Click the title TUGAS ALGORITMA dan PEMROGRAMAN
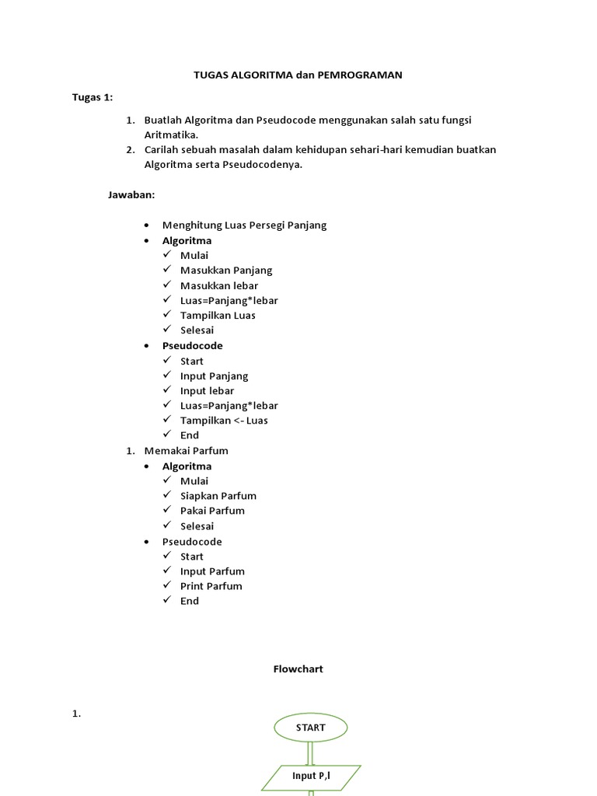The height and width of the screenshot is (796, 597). pos(298,75)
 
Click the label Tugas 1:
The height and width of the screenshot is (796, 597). pos(93,97)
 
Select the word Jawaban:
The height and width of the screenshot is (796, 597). pos(131,195)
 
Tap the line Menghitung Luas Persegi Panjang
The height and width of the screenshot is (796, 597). pos(244,225)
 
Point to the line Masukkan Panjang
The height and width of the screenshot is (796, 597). pos(226,271)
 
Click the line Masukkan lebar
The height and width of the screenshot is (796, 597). pos(219,285)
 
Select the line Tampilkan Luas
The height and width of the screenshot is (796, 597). pos(218,316)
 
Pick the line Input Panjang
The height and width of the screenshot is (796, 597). pos(215,376)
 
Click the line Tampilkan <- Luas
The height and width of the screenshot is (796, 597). pos(224,421)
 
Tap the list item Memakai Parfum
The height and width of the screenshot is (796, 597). pos(187,451)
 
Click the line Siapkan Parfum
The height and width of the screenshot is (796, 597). pos(218,496)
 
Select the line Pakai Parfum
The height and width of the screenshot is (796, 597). pos(212,511)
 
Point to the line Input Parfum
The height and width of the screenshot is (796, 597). pos(212,571)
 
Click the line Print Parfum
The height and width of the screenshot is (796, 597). pos(211,586)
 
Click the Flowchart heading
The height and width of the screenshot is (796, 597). pos(298,669)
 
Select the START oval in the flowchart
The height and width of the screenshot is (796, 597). pos(310,728)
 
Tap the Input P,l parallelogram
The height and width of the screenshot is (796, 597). pos(310,776)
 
